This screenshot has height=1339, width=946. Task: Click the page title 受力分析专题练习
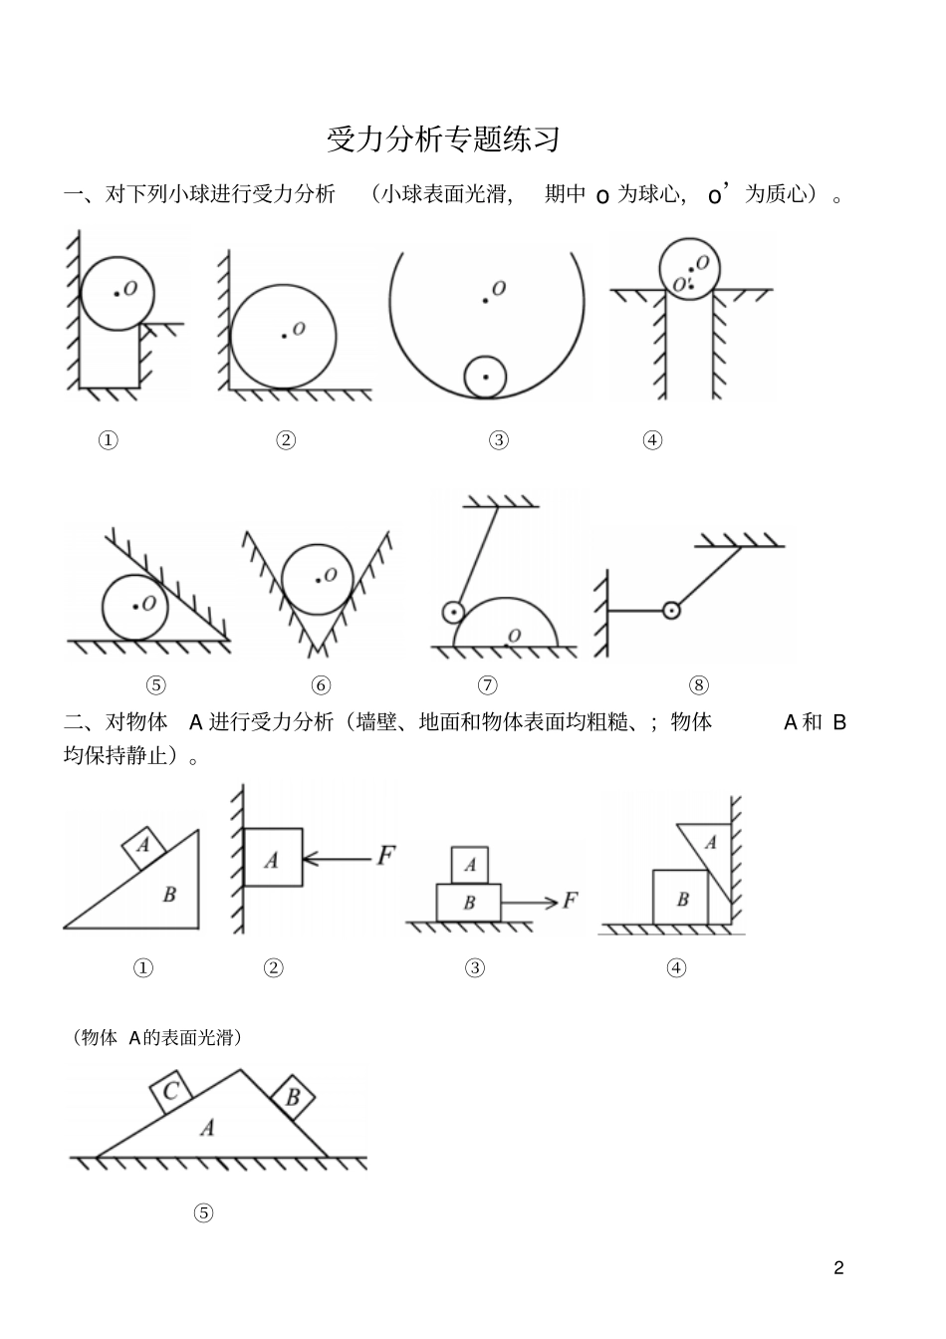(443, 139)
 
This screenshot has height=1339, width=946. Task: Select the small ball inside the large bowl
(485, 378)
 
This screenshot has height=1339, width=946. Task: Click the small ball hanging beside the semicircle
(453, 612)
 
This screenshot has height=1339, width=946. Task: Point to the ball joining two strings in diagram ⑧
(671, 611)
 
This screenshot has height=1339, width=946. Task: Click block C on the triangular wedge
(171, 1092)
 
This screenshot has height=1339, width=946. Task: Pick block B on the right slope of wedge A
(293, 1097)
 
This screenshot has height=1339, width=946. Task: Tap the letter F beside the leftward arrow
(385, 856)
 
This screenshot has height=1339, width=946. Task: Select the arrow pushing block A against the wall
(337, 859)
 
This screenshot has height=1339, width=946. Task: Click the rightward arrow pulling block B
(529, 902)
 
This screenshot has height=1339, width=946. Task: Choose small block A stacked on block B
(470, 865)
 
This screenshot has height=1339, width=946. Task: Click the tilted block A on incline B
(143, 848)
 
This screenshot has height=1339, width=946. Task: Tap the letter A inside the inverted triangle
(711, 843)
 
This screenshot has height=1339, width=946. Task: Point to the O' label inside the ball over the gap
(681, 285)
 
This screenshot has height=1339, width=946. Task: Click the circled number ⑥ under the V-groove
(321, 685)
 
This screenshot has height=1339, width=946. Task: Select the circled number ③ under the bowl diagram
(499, 440)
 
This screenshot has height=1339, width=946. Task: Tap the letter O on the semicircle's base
(515, 636)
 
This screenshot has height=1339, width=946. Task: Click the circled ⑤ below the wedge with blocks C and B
(204, 1212)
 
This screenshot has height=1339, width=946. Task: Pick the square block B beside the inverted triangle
(680, 898)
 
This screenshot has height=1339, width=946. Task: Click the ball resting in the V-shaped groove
(318, 579)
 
